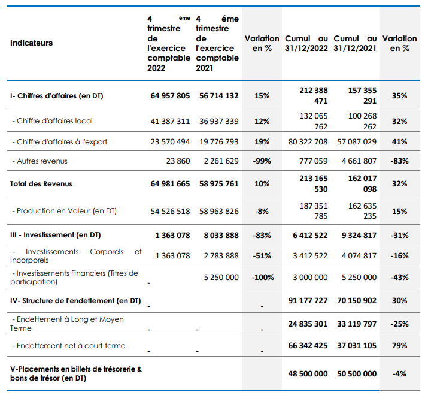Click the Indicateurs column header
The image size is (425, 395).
click(32, 43)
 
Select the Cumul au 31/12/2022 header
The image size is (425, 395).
click(306, 43)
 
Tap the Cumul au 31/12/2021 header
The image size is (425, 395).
click(355, 43)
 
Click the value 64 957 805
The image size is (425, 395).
click(170, 96)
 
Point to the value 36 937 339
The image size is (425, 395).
click(219, 121)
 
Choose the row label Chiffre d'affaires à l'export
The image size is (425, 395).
click(60, 142)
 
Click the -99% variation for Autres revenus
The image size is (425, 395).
click(262, 161)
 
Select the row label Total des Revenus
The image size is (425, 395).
click(41, 184)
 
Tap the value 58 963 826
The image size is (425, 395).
click(219, 211)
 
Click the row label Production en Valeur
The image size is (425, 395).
click(65, 211)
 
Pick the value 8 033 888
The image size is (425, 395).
click(221, 236)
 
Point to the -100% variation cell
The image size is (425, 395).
click(263, 278)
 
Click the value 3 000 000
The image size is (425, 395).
click(310, 278)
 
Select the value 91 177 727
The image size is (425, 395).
click(308, 301)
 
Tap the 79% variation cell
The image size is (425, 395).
click(399, 346)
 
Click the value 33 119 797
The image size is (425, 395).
click(357, 324)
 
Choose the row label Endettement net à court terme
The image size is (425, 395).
click(69, 346)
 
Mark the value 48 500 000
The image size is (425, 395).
click(308, 374)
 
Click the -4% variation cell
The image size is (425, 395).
click(399, 374)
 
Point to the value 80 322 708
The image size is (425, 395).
click(308, 142)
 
